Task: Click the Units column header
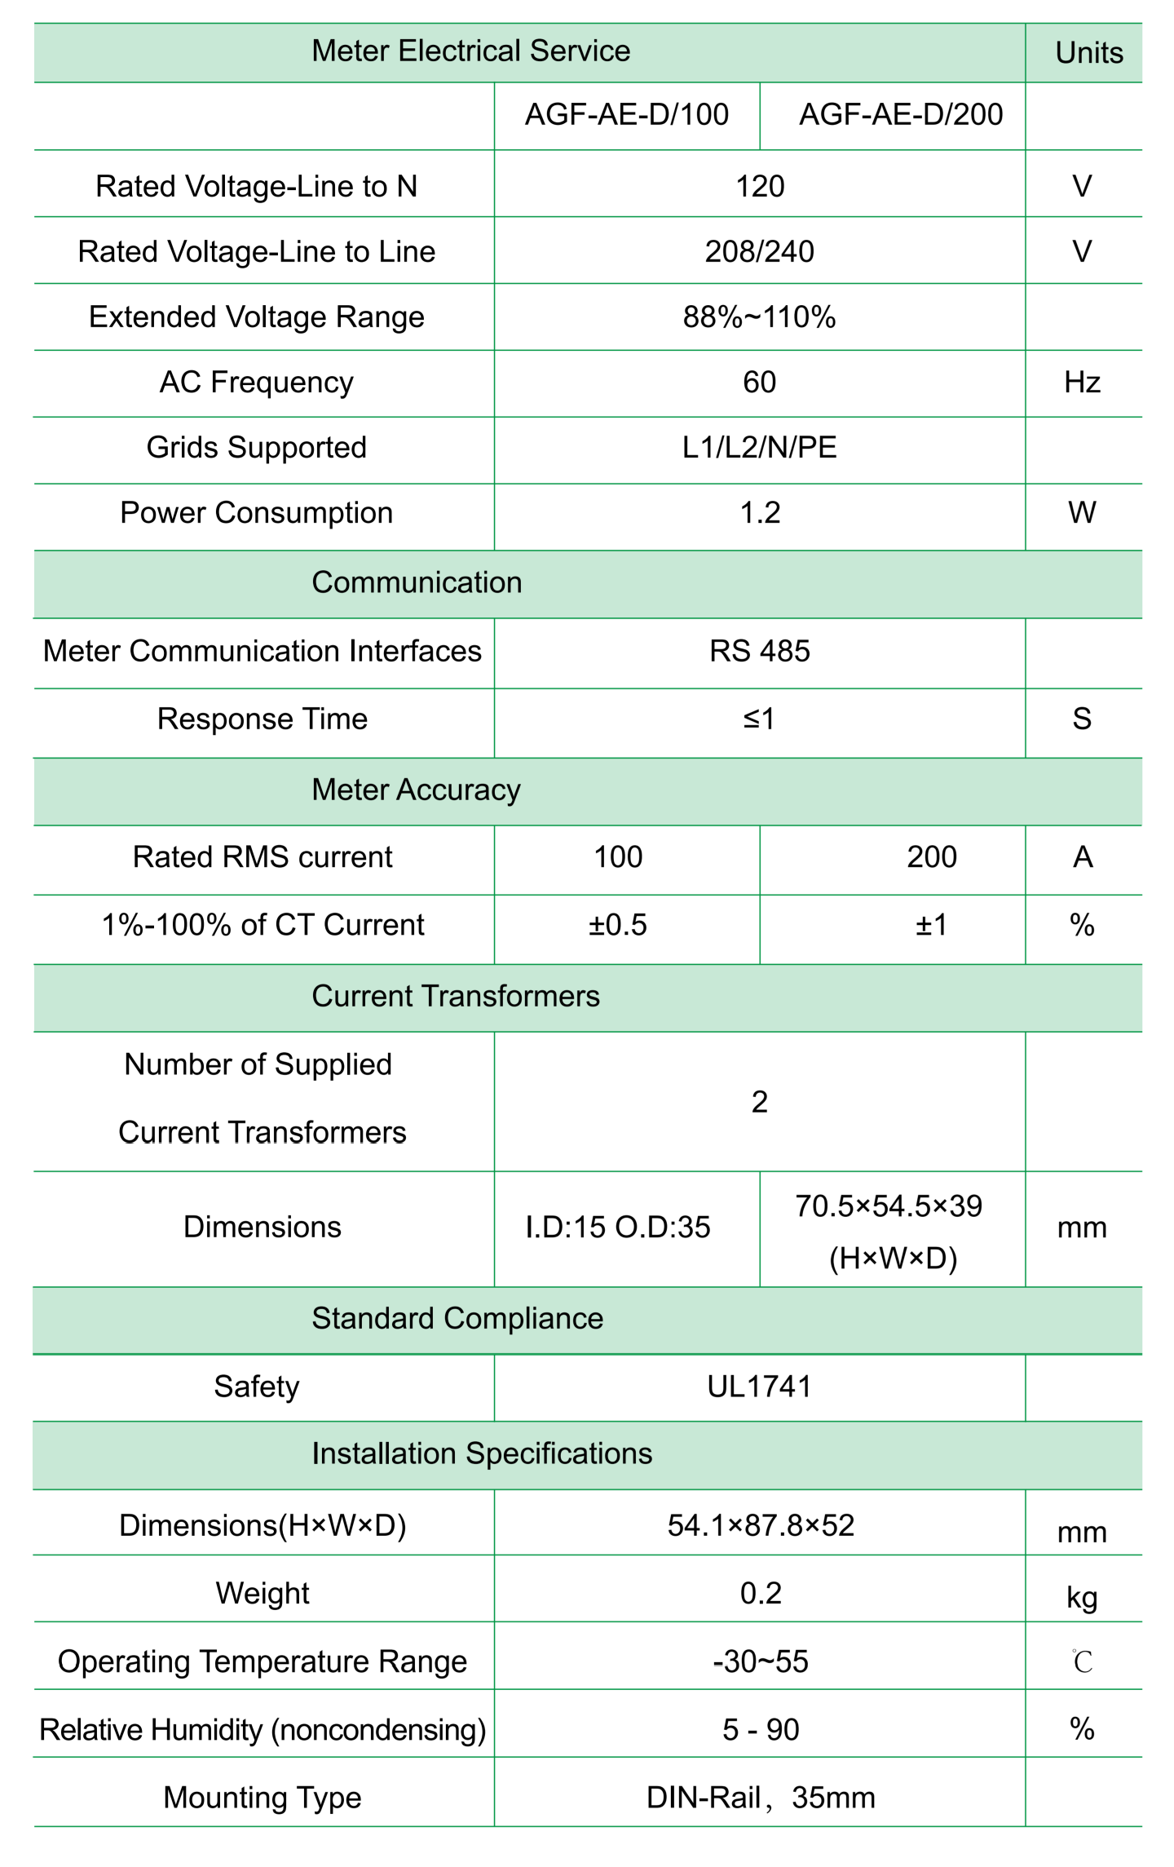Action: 1088,53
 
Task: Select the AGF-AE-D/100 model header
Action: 626,115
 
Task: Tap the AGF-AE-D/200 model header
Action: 900,115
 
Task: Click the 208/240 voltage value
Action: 759,251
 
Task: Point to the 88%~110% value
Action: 759,317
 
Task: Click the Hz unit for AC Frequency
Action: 1082,383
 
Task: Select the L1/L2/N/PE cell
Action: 759,448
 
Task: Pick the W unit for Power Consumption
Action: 1082,513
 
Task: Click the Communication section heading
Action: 417,582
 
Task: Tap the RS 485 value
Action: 759,651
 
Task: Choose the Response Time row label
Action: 263,719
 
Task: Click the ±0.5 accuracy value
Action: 618,925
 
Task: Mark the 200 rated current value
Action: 931,857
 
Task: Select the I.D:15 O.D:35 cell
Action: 618,1227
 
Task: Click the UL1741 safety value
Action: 759,1387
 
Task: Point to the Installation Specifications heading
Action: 482,1453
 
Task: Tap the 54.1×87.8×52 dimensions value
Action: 761,1525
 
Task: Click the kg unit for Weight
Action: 1082,1597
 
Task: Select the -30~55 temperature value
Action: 761,1661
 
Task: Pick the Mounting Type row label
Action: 263,1798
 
